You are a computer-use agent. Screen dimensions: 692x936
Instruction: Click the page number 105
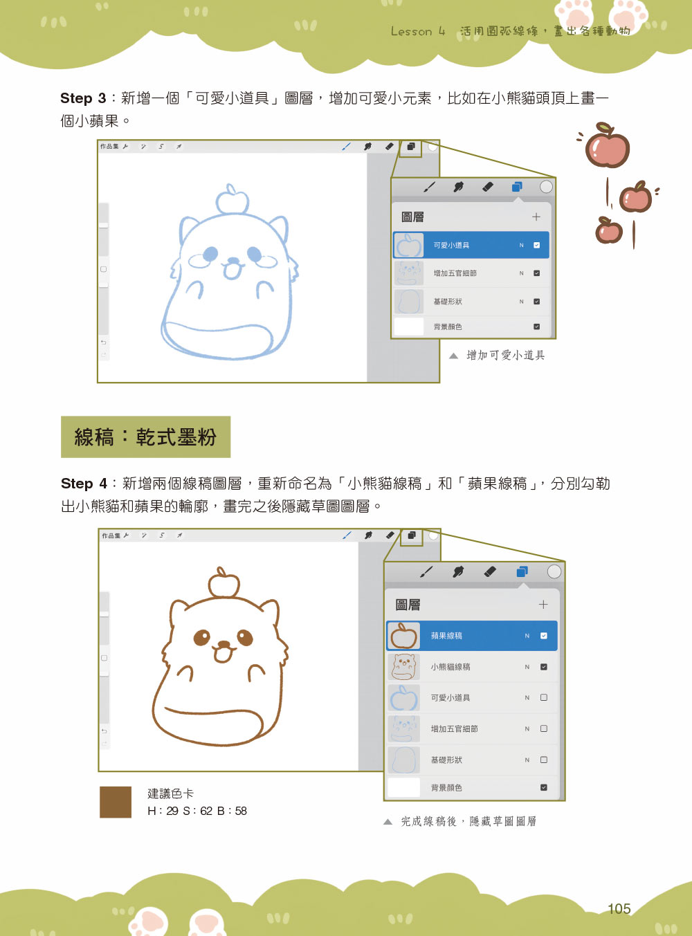[619, 908]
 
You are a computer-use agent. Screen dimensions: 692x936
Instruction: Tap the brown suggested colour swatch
[116, 802]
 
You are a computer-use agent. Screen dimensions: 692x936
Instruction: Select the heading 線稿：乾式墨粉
[145, 437]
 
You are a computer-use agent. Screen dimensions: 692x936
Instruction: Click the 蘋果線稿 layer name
[446, 636]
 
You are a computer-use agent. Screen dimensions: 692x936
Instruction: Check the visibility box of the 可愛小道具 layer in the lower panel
[544, 697]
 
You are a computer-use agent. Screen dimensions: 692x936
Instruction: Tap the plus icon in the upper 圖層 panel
[536, 217]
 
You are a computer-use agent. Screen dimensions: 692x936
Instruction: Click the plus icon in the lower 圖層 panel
[543, 605]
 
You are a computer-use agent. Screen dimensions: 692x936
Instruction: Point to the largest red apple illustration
[606, 146]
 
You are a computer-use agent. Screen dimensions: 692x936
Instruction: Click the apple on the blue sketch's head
[231, 200]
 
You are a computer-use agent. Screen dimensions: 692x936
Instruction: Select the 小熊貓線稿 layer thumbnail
[404, 667]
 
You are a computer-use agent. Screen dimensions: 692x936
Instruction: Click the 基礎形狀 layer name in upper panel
[448, 302]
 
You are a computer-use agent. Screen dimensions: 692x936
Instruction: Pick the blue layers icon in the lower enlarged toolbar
[522, 572]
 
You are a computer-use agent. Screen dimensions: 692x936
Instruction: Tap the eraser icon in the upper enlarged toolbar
[488, 187]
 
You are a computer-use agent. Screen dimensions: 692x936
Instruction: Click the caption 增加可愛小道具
[505, 356]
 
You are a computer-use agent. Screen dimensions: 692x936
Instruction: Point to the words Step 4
[84, 484]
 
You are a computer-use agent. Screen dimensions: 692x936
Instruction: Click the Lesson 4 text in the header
[418, 32]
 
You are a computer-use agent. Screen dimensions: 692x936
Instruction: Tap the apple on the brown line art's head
[224, 582]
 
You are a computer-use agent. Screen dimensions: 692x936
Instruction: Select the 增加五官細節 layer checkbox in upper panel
[536, 273]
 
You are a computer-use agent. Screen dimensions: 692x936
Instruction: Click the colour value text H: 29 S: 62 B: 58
[197, 811]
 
